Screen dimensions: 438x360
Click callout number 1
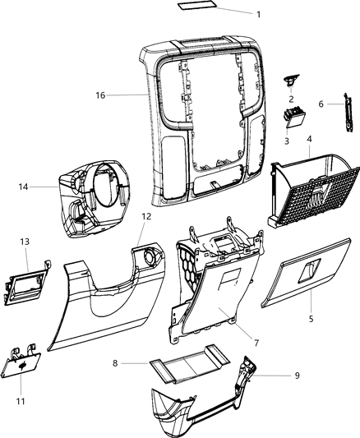[x=258, y=14]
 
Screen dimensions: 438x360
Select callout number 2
[x=291, y=99]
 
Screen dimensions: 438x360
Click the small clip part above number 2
[x=291, y=79]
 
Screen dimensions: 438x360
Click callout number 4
[x=308, y=141]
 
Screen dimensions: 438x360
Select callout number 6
[x=321, y=104]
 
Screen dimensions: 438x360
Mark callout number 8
[x=116, y=362]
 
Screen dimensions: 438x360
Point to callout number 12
[x=145, y=216]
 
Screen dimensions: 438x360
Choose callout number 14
[x=23, y=187]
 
